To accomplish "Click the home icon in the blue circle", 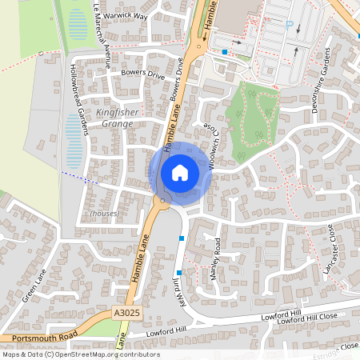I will (180, 172).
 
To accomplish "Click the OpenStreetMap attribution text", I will (81, 354).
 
